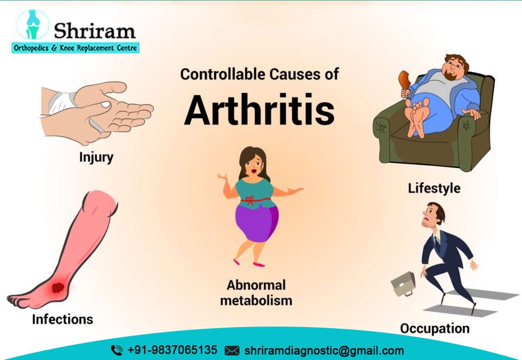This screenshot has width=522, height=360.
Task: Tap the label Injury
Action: click(96, 157)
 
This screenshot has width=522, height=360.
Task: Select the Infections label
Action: click(62, 319)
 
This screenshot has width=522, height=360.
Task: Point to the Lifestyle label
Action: click(434, 188)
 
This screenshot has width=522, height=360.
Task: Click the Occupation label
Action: click(435, 328)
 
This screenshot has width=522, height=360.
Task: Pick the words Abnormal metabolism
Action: click(256, 292)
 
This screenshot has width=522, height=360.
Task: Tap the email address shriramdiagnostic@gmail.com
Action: click(324, 350)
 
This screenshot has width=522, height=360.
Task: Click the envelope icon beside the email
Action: click(231, 350)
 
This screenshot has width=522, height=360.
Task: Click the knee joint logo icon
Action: click(33, 25)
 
